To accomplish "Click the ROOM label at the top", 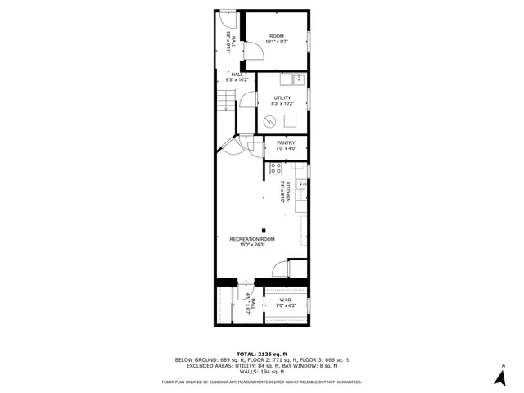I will click(x=276, y=36).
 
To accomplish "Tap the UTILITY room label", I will click(x=282, y=98).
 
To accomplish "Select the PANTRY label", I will click(x=286, y=143).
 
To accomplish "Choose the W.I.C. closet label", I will click(x=286, y=300).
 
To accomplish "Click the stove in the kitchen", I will click(x=276, y=169).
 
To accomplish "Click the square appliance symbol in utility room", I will click(x=290, y=121).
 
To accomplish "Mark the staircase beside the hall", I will click(x=226, y=102).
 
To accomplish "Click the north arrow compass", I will click(x=499, y=377).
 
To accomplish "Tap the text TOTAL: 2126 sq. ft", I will click(x=261, y=354).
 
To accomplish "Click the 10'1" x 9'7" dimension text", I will click(x=276, y=42).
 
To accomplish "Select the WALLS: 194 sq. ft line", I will click(x=261, y=373).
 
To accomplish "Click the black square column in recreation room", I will click(x=264, y=230).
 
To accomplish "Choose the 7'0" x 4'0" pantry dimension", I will click(x=286, y=149).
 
